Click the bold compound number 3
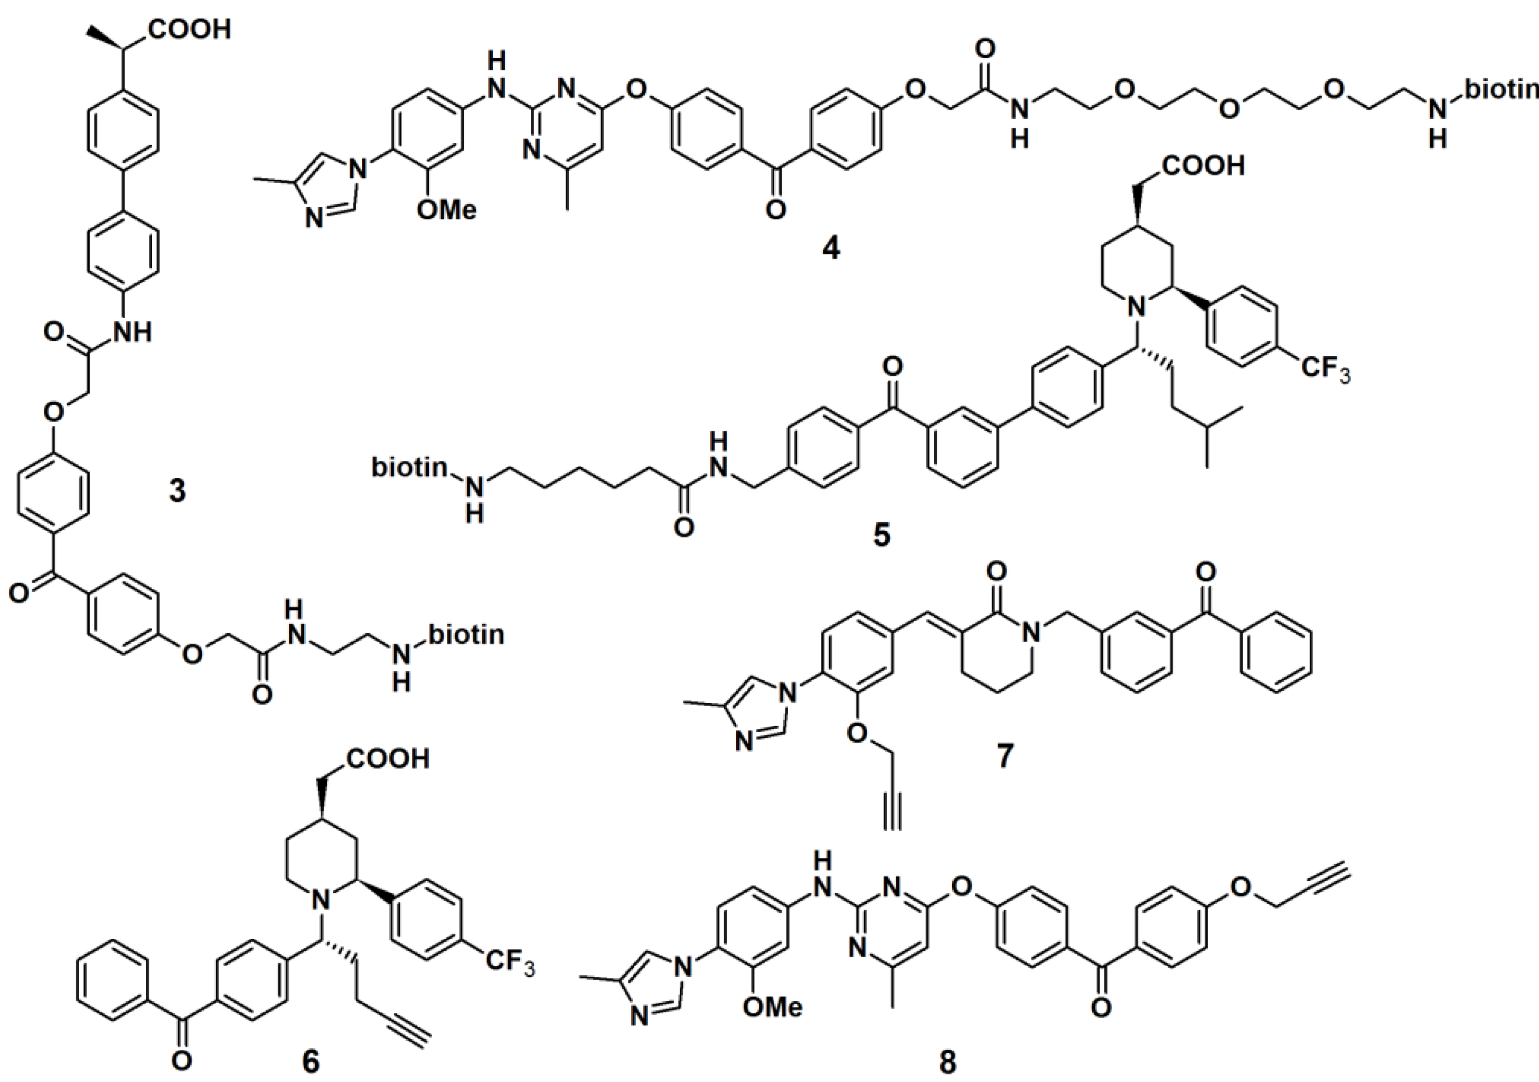click(177, 491)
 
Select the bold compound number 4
click(830, 249)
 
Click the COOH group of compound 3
click(190, 30)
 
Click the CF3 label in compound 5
click(1325, 369)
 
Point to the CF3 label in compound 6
click(510, 962)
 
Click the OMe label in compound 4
click(446, 210)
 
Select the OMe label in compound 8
click(772, 1007)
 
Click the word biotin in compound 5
click(409, 468)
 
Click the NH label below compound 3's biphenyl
click(133, 331)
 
